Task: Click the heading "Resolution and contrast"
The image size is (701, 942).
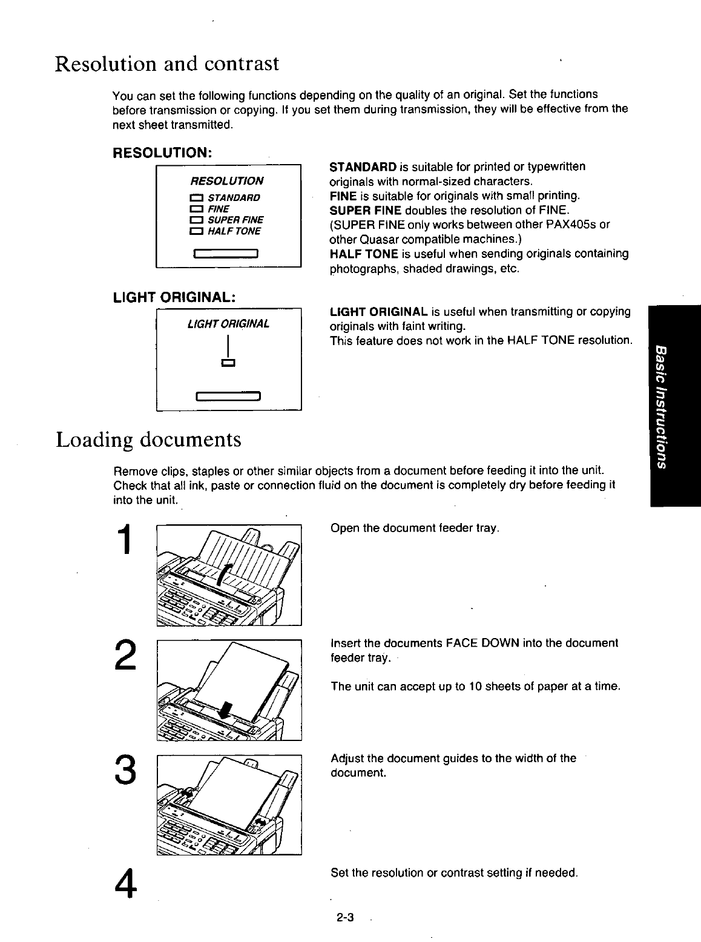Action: coord(167,63)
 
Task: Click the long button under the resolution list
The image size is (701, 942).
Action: coord(226,253)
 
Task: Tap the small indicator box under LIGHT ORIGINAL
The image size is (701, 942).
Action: coord(228,363)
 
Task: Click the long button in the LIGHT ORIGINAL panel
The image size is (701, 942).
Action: coord(228,397)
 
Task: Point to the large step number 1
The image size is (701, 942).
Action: coord(126,540)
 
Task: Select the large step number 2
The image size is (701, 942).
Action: coord(126,654)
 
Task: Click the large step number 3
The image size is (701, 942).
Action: coord(126,769)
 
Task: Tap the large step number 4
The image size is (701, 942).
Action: coord(126,884)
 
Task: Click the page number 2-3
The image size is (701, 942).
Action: coord(345,918)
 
